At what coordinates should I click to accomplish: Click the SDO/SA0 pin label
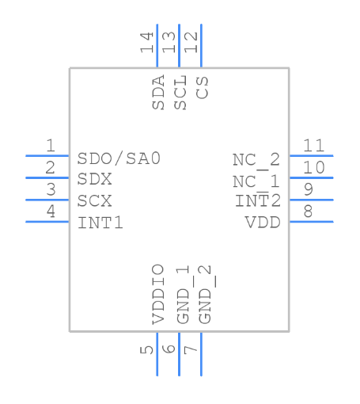(x=119, y=158)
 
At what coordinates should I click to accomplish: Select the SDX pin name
(x=95, y=180)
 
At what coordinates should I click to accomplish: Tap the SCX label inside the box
(x=95, y=201)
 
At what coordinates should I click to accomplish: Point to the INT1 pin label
(x=100, y=223)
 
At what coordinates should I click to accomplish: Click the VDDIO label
(x=158, y=294)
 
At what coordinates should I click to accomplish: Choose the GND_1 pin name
(x=181, y=294)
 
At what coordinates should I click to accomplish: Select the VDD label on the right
(x=263, y=223)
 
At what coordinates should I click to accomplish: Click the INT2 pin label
(x=258, y=201)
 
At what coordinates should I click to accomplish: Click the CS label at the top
(x=203, y=88)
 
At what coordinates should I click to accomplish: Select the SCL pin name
(x=180, y=93)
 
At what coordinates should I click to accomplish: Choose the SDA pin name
(x=158, y=93)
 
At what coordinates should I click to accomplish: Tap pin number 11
(x=313, y=146)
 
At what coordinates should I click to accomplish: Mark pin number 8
(x=308, y=211)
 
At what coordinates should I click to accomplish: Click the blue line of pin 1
(x=47, y=156)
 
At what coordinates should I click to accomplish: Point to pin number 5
(x=148, y=349)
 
